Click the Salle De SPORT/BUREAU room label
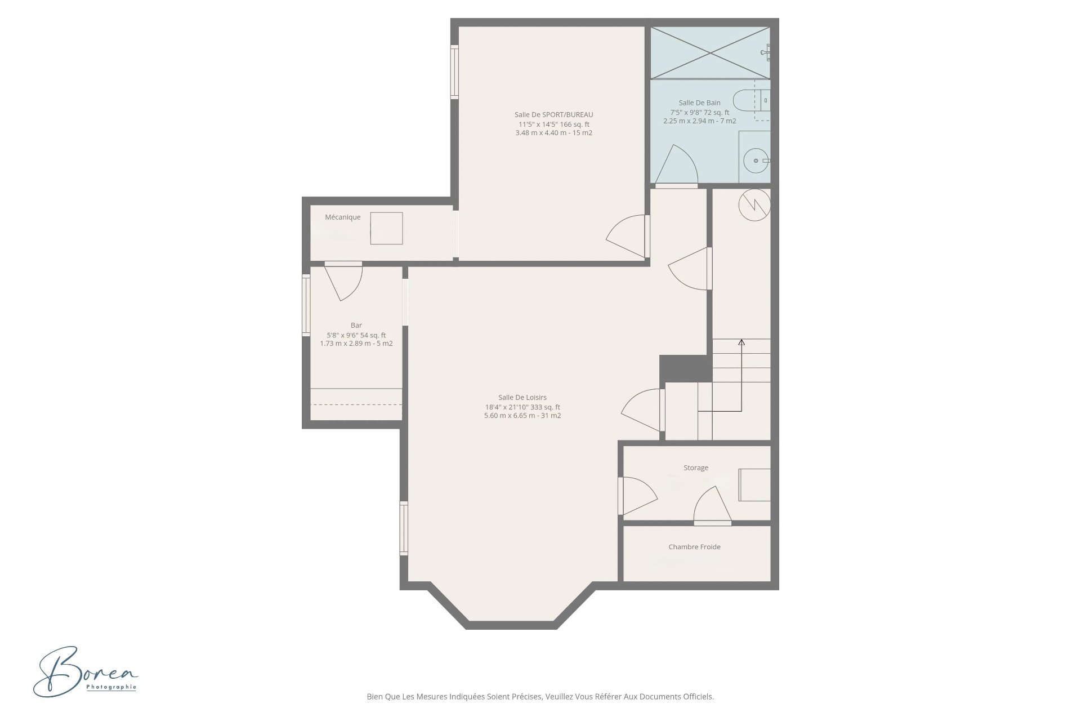coord(553,115)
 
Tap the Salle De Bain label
coord(699,103)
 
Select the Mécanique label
coord(342,217)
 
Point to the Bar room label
coord(356,325)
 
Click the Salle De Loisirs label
coord(522,397)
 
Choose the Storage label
coord(696,468)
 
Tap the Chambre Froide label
coord(694,546)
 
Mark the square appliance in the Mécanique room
coord(386,228)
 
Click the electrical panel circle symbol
coord(753,205)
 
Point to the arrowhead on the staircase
coord(741,342)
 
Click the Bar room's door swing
coord(343,282)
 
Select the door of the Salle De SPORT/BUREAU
coord(626,237)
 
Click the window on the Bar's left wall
coord(306,305)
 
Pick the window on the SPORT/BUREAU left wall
coord(454,72)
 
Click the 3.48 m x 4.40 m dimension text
coord(553,133)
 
